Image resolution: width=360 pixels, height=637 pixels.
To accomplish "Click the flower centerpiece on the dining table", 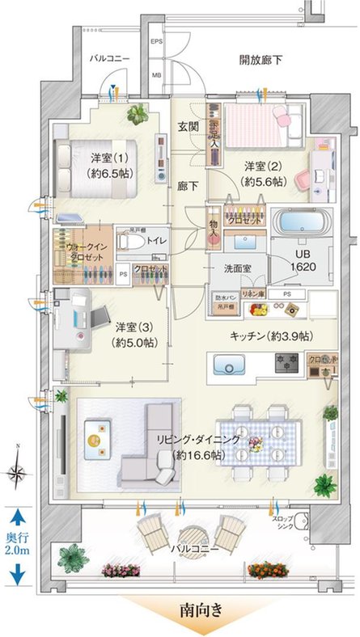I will (x=255, y=444).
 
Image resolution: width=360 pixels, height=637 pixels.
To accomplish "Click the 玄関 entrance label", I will (x=188, y=129).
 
